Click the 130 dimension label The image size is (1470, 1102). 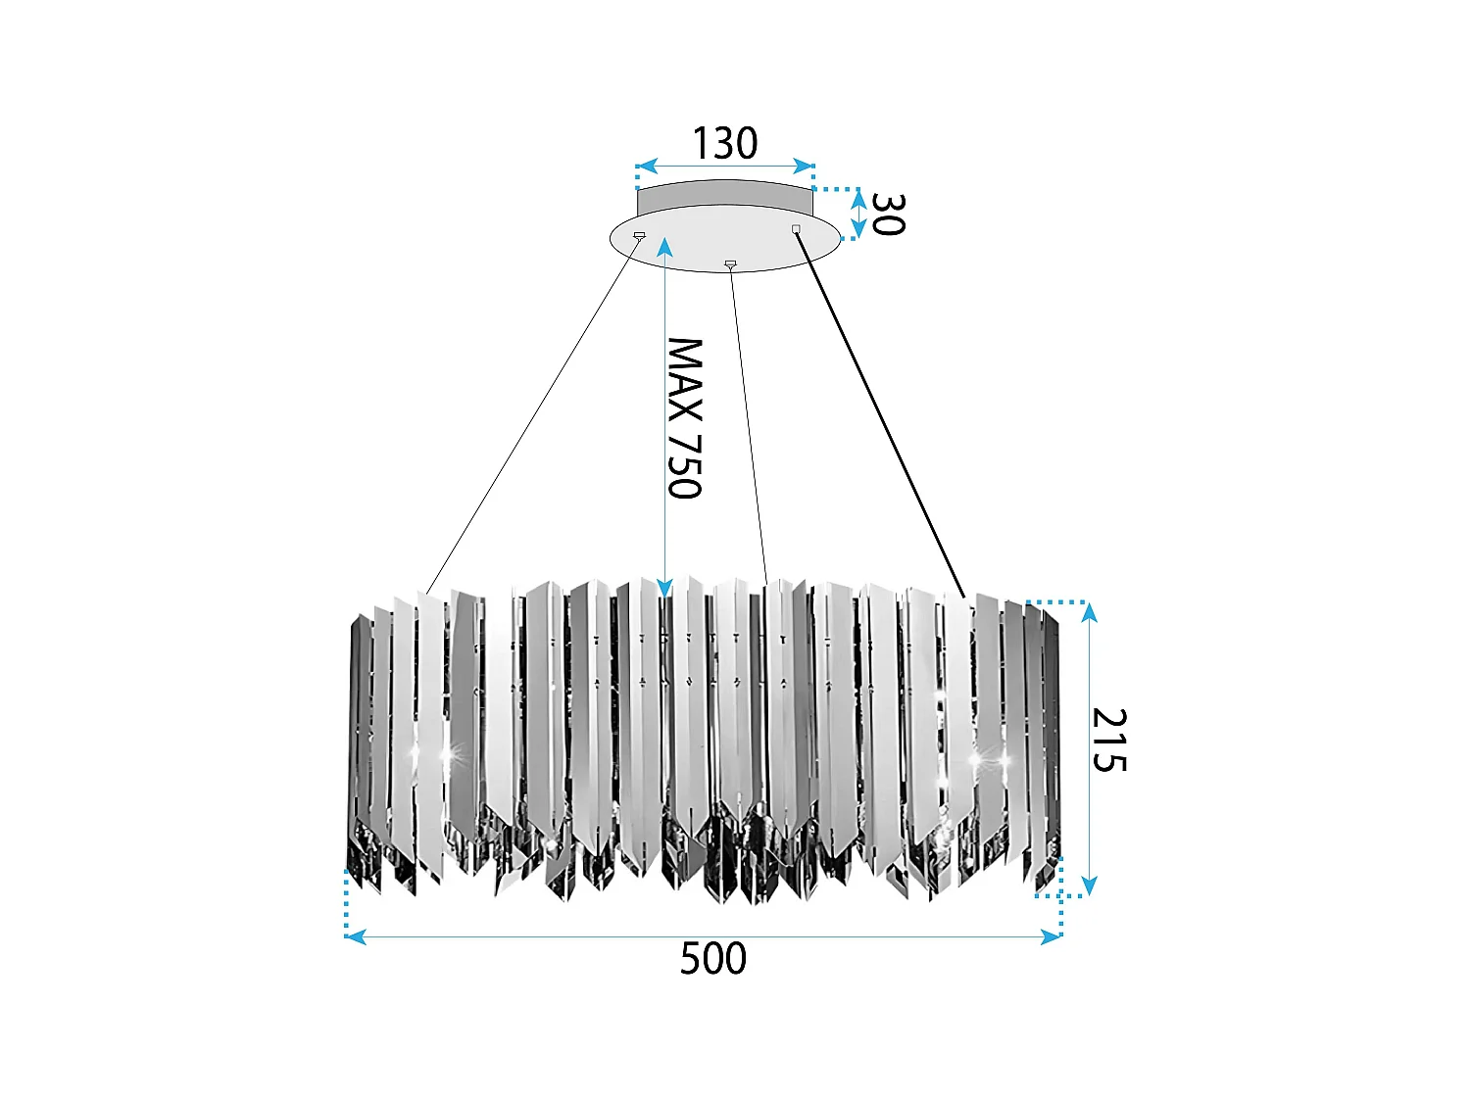coord(725,144)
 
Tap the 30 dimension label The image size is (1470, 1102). coord(887,214)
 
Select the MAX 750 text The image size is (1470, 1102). coord(685,418)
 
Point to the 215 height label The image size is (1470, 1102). coord(1109,740)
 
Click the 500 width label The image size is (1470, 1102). coord(712,959)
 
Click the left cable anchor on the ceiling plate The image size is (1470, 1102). coord(640,235)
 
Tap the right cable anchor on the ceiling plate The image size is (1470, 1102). coord(796,229)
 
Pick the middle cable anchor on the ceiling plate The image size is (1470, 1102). coord(729,264)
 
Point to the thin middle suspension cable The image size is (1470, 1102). coord(748,421)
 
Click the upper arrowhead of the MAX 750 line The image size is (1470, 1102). coord(664,245)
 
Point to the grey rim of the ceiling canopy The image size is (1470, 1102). coord(725,196)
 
